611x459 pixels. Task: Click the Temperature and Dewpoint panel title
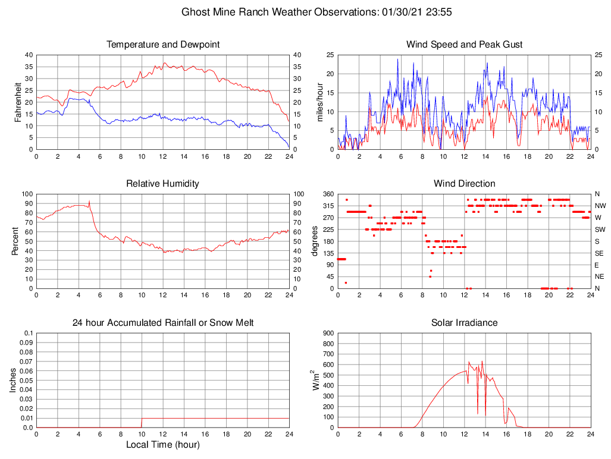162,45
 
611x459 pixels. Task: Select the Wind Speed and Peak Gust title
464,45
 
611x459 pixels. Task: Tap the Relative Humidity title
162,184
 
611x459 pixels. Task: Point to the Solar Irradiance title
464,323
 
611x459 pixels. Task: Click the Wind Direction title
464,184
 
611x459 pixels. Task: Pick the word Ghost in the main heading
196,12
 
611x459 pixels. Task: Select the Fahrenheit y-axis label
18,102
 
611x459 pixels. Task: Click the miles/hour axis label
320,102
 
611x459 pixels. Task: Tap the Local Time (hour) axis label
162,445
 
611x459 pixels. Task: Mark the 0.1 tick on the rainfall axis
27,334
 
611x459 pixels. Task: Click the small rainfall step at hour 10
142,422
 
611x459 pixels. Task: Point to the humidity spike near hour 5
89,202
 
